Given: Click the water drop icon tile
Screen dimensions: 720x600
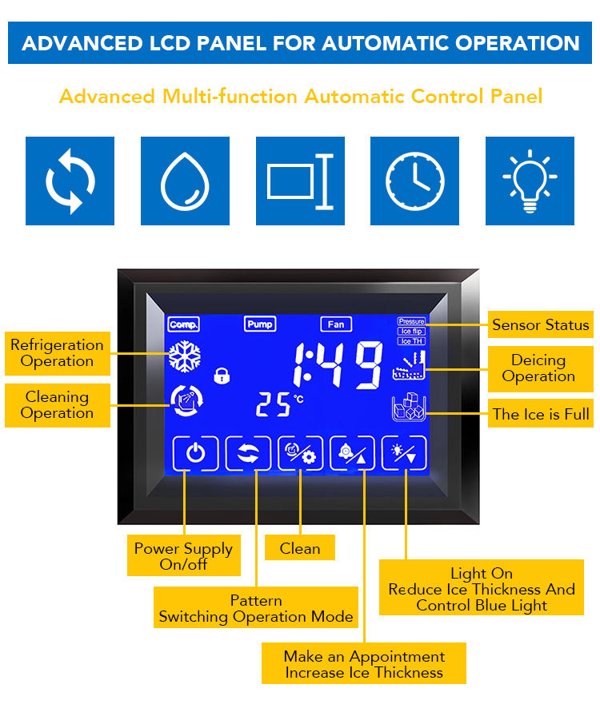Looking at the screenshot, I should (185, 181).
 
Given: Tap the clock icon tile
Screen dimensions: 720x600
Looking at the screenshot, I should (414, 181).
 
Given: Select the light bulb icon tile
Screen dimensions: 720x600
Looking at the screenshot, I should (530, 181).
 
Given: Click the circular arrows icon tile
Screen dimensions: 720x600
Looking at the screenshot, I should (70, 181).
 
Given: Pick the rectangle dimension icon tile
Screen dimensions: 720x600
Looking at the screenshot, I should (300, 181).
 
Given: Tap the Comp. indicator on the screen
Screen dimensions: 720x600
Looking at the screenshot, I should (184, 324).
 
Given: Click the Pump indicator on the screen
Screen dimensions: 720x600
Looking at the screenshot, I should (260, 324).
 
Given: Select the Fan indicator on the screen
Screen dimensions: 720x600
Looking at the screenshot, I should (336, 324).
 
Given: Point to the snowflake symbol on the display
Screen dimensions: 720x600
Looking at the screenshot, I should (184, 356).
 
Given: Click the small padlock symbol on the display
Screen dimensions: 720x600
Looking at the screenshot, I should (221, 374).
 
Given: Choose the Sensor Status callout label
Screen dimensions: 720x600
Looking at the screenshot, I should (540, 324).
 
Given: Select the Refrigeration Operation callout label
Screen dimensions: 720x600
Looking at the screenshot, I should (57, 353).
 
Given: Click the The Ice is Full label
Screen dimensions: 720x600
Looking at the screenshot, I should (541, 414).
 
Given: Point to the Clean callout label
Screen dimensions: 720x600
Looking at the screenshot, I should (300, 548).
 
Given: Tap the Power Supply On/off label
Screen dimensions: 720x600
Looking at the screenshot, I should (184, 556).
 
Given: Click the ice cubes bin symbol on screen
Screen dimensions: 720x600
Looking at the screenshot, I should (409, 408).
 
